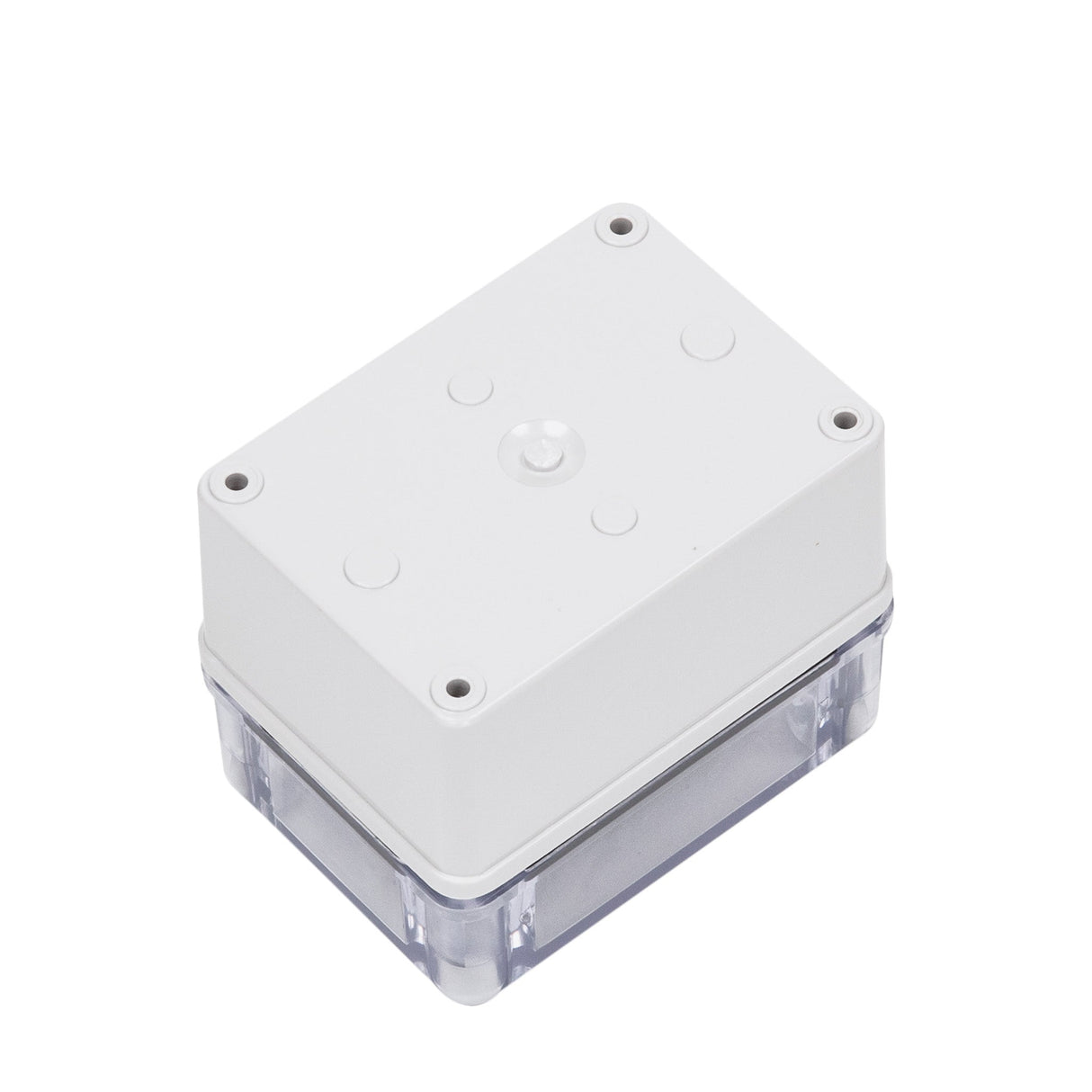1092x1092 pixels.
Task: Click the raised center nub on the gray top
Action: point(537,447)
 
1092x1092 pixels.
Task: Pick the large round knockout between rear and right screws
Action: point(708,340)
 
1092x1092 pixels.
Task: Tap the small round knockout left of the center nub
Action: point(471,389)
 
